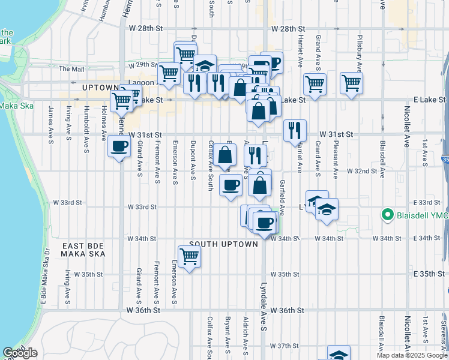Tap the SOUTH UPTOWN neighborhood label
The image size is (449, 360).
[223, 244]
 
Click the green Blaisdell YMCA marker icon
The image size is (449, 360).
[388, 214]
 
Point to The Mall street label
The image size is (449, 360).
[71, 69]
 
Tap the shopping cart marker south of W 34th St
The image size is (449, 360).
[190, 257]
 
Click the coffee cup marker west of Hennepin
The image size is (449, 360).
[118, 146]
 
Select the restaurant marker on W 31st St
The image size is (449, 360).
[295, 130]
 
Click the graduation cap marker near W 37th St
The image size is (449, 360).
[339, 354]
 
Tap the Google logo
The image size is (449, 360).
[20, 353]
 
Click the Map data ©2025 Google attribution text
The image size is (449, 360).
[412, 355]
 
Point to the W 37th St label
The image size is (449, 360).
[284, 346]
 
